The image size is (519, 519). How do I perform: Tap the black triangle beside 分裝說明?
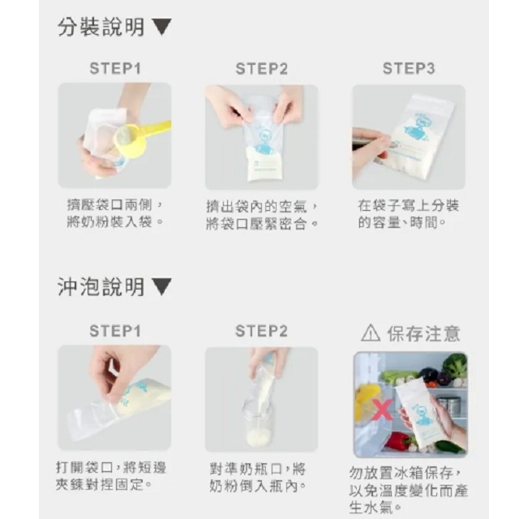tap(161, 28)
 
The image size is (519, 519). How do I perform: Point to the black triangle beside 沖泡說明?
tap(161, 287)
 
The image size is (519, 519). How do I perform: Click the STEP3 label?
tap(409, 69)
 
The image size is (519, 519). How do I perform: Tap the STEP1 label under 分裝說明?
tap(114, 69)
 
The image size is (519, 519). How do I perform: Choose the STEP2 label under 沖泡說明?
tap(261, 331)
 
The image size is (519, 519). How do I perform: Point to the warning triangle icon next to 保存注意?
tap(370, 332)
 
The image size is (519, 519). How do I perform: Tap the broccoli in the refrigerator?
tap(455, 367)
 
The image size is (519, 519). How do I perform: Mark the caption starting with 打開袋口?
tap(114, 477)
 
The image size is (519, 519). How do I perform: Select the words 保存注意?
tap(423, 332)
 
